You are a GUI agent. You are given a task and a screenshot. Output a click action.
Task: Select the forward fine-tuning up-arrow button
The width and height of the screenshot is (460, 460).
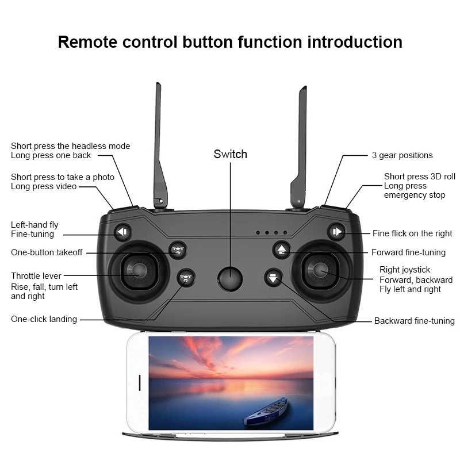282,250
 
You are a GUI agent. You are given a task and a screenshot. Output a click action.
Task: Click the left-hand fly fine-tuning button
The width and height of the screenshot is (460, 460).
122,232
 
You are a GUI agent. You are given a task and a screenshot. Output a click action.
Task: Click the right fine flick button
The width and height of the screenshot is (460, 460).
336,232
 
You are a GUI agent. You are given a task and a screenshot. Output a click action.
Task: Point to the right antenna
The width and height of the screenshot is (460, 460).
301,144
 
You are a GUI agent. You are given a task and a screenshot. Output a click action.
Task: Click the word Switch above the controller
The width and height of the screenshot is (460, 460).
230,154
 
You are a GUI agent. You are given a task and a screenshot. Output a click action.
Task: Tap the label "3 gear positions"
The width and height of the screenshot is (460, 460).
402,155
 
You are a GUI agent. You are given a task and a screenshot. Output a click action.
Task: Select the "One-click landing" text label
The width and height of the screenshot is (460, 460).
44,319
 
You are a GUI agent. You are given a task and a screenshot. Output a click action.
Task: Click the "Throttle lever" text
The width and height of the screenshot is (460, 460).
36,276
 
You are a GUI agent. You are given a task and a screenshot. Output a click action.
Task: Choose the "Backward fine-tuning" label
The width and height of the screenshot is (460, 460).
414,321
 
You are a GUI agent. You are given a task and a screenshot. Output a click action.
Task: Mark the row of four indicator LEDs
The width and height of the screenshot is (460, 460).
271,233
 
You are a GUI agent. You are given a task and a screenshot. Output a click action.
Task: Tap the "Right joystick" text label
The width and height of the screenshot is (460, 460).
404,270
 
